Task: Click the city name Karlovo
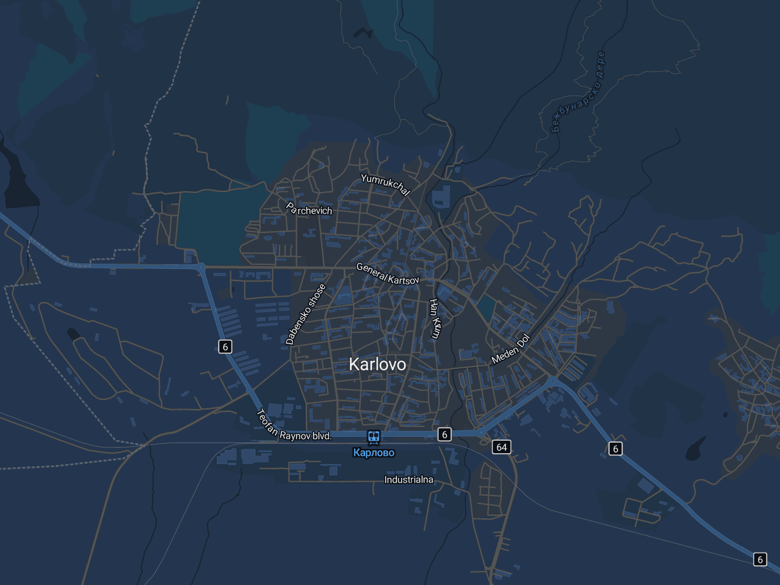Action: coord(377,364)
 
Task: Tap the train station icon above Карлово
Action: coord(374,437)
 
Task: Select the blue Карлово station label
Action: coord(374,453)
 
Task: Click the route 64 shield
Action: coord(502,447)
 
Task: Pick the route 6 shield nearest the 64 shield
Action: coord(444,434)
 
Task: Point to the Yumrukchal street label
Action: coord(385,184)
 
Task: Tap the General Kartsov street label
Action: coord(388,274)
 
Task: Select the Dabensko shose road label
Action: coord(305,314)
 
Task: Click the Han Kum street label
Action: coord(434,318)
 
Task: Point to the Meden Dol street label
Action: coord(510,349)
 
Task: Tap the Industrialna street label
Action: coord(409,480)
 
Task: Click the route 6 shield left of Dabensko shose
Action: coord(225,347)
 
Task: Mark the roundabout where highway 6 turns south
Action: coord(201,267)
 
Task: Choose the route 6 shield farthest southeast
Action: coord(760,560)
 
